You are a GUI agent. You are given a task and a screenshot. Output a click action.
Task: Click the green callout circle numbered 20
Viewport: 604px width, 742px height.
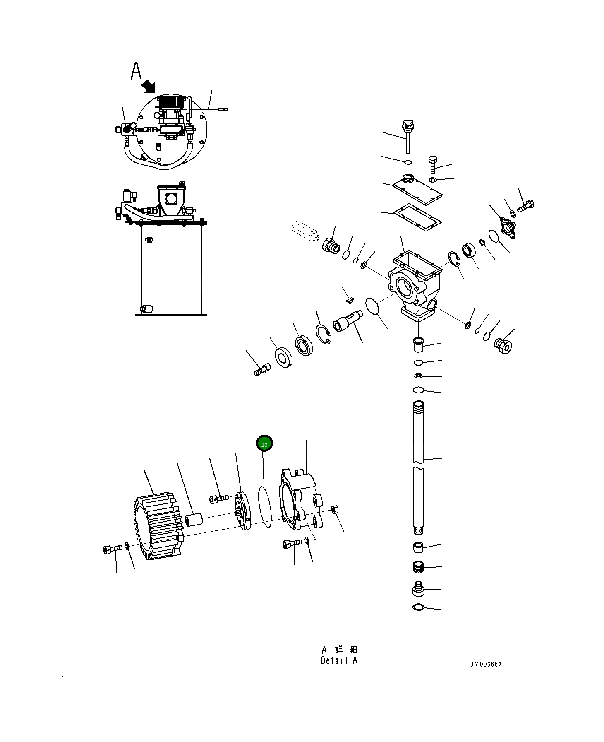click(x=264, y=444)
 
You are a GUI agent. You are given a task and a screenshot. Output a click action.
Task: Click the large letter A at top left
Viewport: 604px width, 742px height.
click(x=136, y=71)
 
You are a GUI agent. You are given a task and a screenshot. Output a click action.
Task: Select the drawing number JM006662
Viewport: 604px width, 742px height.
click(x=486, y=664)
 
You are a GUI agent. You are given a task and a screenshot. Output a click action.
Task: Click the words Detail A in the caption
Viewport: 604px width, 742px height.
click(x=339, y=661)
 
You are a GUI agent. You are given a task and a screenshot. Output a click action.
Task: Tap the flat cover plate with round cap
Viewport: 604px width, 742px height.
click(x=417, y=190)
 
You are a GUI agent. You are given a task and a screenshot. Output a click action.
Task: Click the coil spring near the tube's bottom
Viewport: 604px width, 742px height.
click(x=419, y=567)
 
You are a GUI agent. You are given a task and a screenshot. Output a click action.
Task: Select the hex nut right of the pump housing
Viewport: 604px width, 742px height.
click(x=335, y=509)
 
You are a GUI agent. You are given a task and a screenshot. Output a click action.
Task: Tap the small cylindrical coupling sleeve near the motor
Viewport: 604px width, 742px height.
click(x=193, y=520)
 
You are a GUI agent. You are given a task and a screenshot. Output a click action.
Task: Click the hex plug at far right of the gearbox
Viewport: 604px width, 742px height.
click(x=503, y=346)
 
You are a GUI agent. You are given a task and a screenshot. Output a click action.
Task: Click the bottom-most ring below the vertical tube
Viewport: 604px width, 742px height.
click(x=418, y=607)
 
